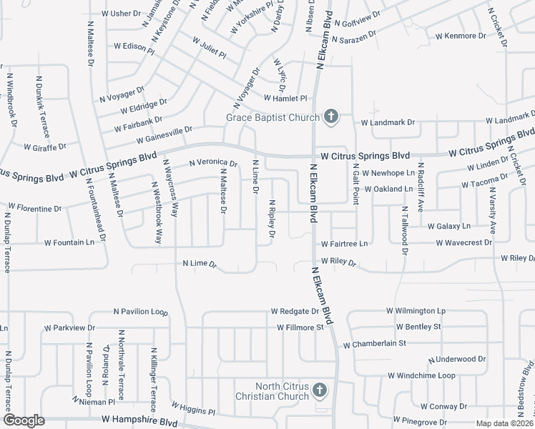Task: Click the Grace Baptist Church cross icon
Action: pos(330,117)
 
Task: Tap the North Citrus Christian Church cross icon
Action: pos(320,390)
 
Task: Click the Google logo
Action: pos(24,420)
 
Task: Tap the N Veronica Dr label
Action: pos(212,164)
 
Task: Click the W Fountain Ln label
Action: pos(69,242)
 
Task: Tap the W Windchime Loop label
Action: pos(421,375)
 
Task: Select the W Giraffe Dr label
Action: pos(44,147)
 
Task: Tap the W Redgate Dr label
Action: pos(294,312)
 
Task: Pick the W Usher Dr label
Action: pos(122,14)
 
